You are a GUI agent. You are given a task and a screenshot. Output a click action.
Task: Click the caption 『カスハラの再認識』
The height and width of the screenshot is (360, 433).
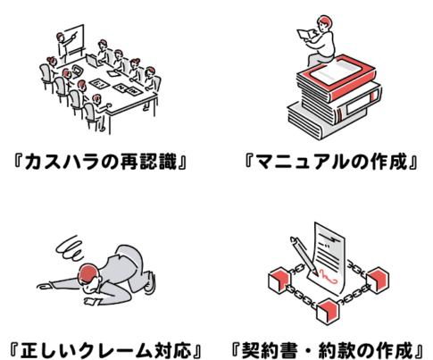coord(100,162)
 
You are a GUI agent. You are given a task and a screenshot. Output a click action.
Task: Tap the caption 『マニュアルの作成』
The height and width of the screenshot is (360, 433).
coord(331,162)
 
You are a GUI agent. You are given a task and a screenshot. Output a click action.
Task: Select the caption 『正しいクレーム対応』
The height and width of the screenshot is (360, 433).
coord(105,350)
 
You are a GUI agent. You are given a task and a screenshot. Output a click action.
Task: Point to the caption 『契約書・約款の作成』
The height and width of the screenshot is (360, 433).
coord(328,350)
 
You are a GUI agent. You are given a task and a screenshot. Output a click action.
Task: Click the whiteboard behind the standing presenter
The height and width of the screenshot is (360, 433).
coord(74,39)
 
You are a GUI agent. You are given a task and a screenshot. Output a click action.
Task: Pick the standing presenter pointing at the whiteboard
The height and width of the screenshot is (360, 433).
coord(63,47)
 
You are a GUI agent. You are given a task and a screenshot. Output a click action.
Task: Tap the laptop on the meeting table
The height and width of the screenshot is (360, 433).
coord(94,60)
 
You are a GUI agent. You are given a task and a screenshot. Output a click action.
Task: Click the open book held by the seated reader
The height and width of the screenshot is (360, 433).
coord(306,35)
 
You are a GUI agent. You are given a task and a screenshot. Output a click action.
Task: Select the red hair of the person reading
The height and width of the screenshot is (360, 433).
coord(325,21)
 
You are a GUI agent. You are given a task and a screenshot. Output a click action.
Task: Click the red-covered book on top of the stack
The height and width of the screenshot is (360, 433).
coord(336,78)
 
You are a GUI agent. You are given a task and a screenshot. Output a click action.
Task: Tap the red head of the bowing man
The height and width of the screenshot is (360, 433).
coord(88,272)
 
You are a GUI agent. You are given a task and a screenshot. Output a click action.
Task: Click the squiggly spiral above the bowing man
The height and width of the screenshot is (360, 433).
coord(71,248)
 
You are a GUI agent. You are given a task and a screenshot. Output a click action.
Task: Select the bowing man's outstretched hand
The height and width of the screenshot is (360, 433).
coord(44,286)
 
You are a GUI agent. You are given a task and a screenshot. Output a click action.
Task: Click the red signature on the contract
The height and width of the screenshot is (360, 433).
coord(328,276)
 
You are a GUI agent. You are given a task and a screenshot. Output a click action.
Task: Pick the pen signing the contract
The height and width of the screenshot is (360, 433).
coord(304,255)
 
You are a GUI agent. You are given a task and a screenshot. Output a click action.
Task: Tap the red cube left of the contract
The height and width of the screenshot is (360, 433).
coord(279,280)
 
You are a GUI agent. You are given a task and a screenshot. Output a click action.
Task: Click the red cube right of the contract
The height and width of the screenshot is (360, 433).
coord(378,280)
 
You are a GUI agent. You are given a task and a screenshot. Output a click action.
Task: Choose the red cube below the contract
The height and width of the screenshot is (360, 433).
coord(329,311)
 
